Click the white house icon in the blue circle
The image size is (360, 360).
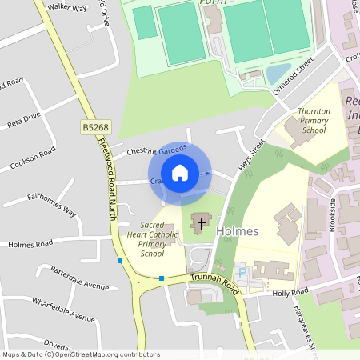(180, 173)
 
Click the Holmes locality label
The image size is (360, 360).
(237, 231)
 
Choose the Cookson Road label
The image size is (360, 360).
(33, 158)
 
